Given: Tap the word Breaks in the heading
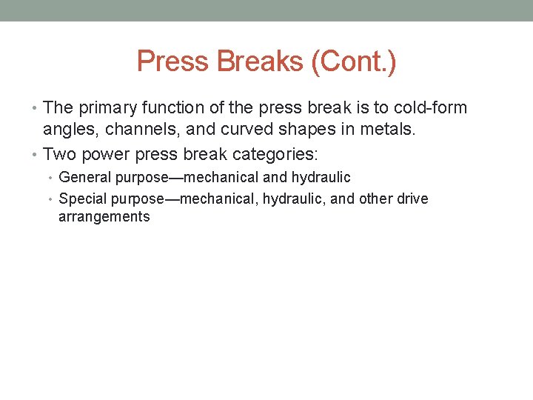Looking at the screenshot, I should pos(258,61).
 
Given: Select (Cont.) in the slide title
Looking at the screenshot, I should pos(353,61).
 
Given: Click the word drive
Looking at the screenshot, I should pos(412,199).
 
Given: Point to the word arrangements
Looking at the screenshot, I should pos(104,217).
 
